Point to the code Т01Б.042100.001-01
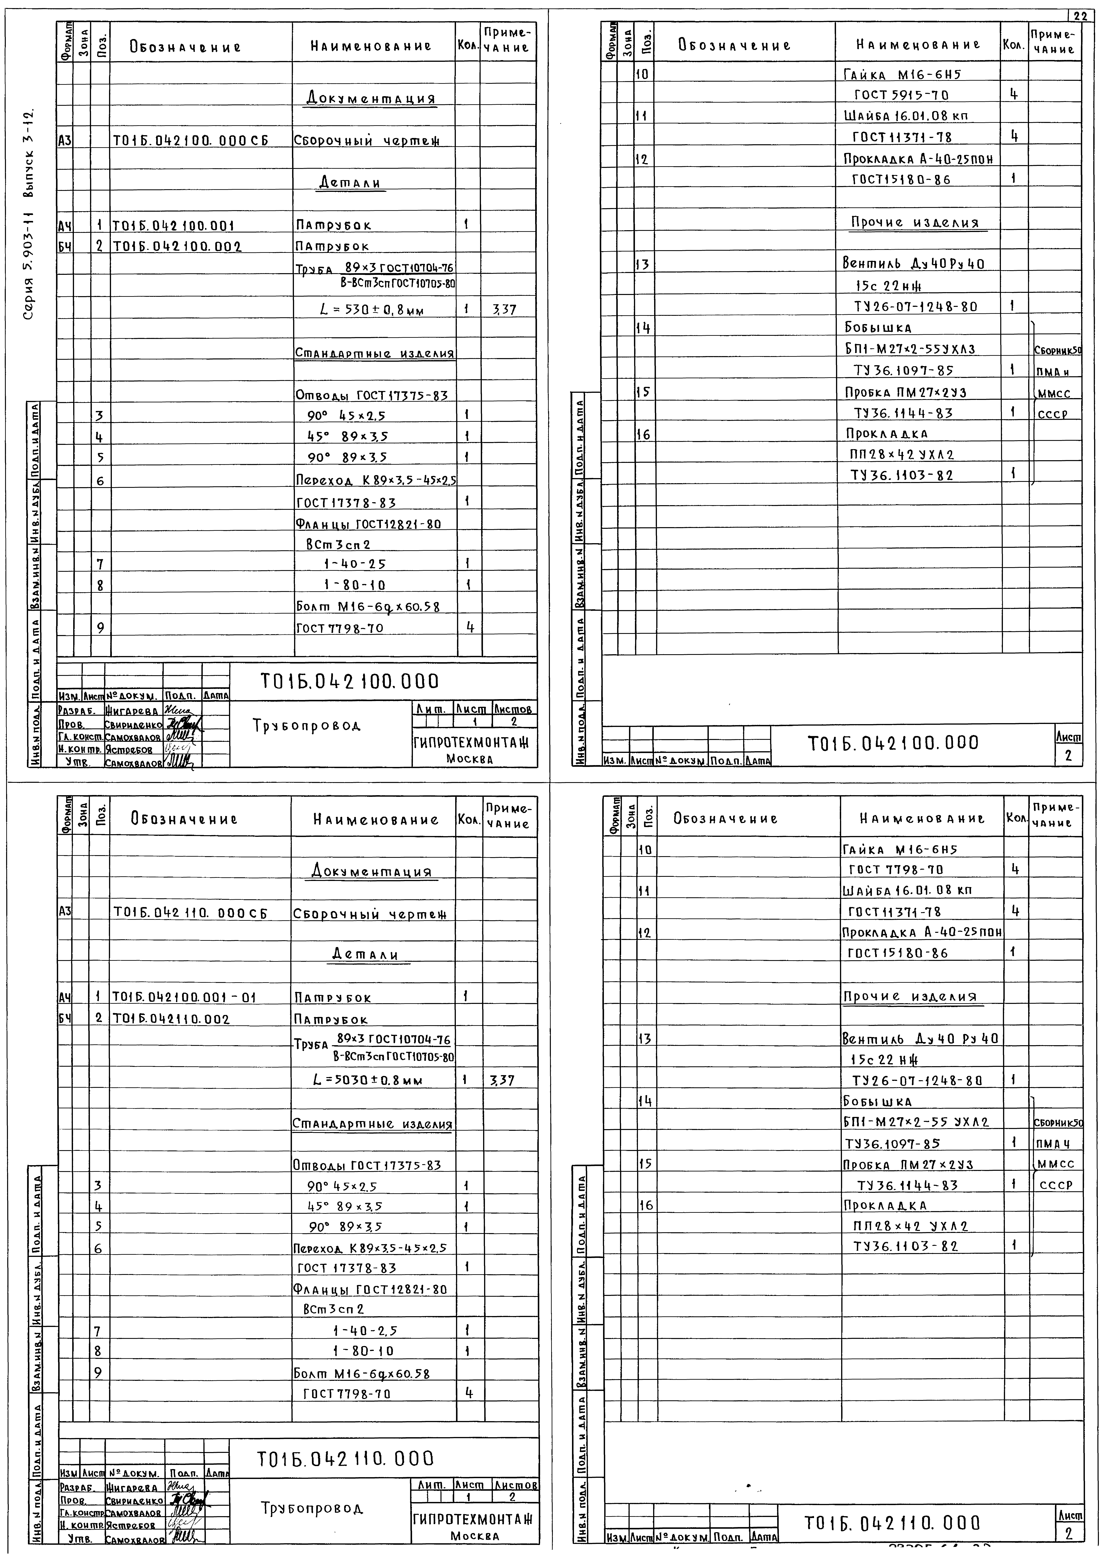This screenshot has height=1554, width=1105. (x=184, y=997)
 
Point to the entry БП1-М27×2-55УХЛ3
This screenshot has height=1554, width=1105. (x=910, y=349)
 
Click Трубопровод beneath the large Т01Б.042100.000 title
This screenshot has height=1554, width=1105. (x=307, y=726)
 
